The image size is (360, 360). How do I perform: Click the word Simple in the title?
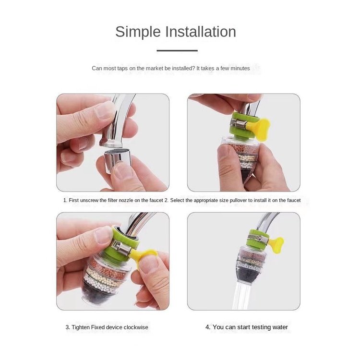138,32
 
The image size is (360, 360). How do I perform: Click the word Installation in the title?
201,32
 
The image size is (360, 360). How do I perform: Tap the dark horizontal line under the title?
177,50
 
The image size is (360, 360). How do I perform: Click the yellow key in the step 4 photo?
276,243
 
